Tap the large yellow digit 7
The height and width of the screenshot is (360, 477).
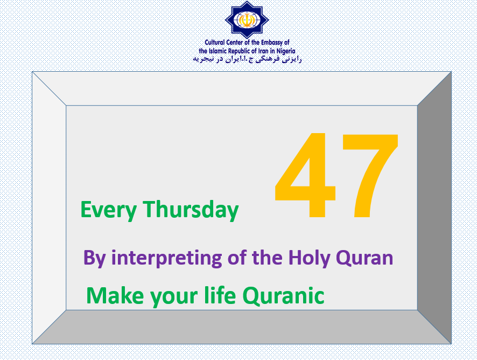pos(370,176)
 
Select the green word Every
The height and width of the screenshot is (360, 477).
pos(109,210)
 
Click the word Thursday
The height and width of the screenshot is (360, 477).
pos(191,210)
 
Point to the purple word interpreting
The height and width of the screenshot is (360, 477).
pos(167,258)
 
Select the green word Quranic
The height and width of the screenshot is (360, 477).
pos(284,295)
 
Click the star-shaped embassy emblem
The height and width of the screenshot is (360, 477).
pos(247,20)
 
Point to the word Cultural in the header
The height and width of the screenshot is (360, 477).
pos(215,43)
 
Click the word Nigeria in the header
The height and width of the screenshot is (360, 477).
pos(286,51)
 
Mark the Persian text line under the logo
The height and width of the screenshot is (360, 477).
pos(247,59)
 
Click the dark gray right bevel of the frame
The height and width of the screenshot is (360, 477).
pos(434,207)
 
